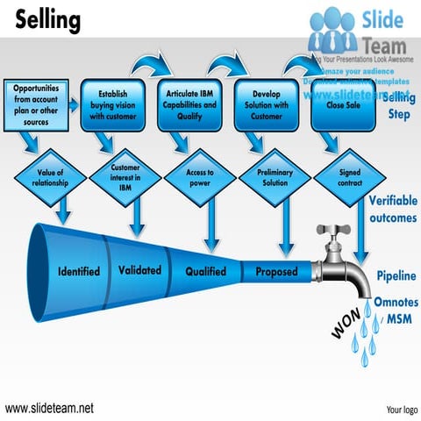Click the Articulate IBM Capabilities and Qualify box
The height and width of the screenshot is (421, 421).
pyautogui.click(x=190, y=103)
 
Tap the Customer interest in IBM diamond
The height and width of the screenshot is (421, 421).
pyautogui.click(x=125, y=177)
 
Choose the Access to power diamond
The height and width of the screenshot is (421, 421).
pyautogui.click(x=199, y=179)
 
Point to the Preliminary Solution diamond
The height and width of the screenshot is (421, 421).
pyautogui.click(x=275, y=179)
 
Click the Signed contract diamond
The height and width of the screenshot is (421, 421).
pyautogui.click(x=349, y=179)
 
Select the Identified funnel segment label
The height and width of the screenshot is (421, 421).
pyautogui.click(x=84, y=271)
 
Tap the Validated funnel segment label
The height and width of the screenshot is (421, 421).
pyautogui.click(x=139, y=270)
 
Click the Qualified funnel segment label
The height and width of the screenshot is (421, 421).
pyautogui.click(x=205, y=271)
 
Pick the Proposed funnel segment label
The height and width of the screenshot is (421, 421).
pyautogui.click(x=276, y=272)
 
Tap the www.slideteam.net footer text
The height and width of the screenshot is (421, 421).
pyautogui.click(x=49, y=408)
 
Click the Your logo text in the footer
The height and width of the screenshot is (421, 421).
pyautogui.click(x=401, y=409)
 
